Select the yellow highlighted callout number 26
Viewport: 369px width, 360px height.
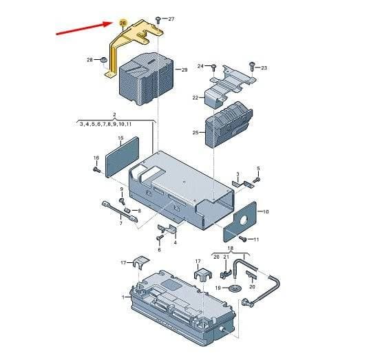(123, 23)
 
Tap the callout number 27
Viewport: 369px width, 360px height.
(171, 19)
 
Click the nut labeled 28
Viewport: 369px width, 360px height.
(103, 60)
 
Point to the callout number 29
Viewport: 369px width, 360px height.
(184, 70)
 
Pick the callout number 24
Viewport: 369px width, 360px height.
(200, 66)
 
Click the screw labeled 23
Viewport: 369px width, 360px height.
(252, 66)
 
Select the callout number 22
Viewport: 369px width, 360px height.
(196, 98)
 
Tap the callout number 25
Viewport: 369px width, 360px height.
(196, 133)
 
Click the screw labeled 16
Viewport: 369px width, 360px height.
(96, 169)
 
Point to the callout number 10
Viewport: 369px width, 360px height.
(266, 212)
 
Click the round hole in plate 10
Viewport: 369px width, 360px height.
(244, 220)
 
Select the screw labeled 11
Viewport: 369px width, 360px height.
(242, 239)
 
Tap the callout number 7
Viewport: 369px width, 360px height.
(120, 223)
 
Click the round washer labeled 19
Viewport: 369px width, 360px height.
(234, 288)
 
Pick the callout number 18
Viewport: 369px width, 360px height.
(231, 248)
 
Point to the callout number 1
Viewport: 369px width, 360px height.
(123, 297)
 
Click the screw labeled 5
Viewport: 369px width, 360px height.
(257, 180)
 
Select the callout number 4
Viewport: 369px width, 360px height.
(175, 242)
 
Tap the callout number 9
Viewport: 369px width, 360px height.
(122, 189)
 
